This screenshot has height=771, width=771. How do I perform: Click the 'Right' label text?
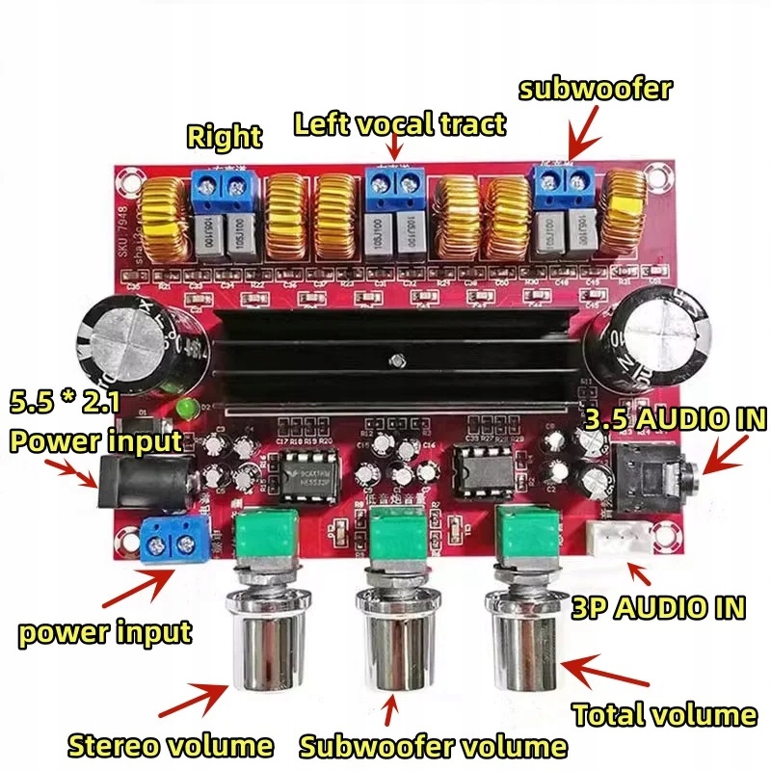pos(224,136)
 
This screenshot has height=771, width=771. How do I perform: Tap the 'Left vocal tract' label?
pos(400,122)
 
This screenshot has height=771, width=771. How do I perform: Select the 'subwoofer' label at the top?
pos(594,89)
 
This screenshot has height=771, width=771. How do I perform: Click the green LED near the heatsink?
pos(183,410)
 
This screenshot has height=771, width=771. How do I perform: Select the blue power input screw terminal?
pos(173,541)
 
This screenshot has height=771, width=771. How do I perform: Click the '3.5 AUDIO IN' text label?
pos(675,419)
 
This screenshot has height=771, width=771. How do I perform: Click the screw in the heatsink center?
pos(395,362)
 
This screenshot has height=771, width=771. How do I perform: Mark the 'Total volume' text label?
pos(664,714)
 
